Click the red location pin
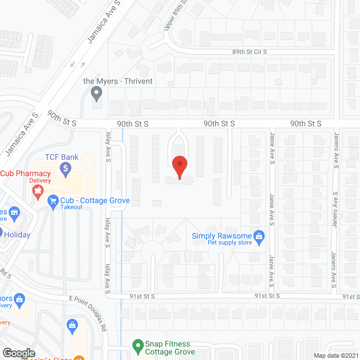179,167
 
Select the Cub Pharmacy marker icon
38,192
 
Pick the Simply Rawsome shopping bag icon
259,236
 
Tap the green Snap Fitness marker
136,344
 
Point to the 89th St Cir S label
250,51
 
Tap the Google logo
18,353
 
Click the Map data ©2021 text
336,355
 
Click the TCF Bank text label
62,157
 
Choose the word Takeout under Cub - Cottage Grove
72,207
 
